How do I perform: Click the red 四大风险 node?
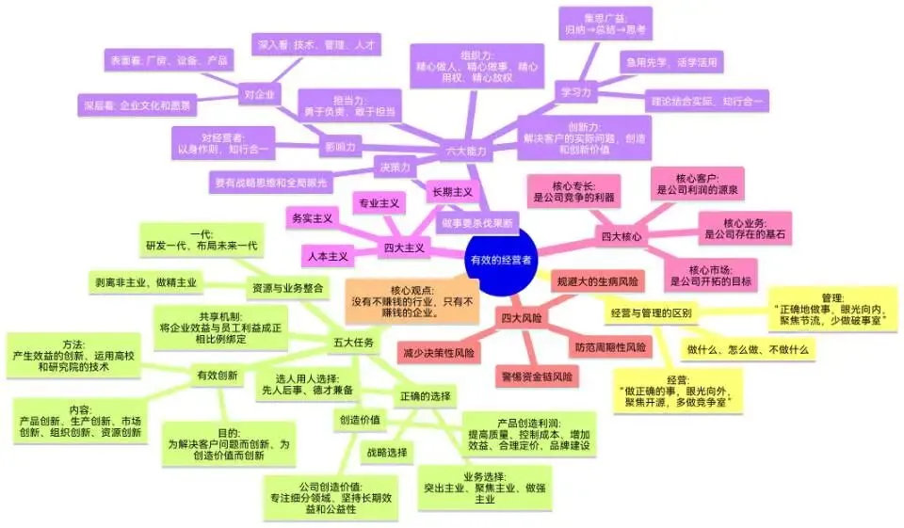point(521,318)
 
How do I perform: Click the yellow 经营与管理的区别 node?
point(651,312)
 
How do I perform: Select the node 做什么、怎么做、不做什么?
point(749,349)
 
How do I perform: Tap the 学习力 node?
point(575,92)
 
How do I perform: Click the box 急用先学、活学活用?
point(670,63)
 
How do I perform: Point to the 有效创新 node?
point(217,376)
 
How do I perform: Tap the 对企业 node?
point(258,94)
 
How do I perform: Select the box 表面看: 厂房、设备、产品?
point(168,60)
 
